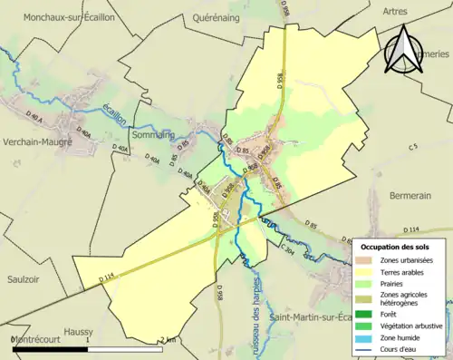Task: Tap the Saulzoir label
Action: [26, 279]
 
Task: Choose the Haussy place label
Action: [80, 332]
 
